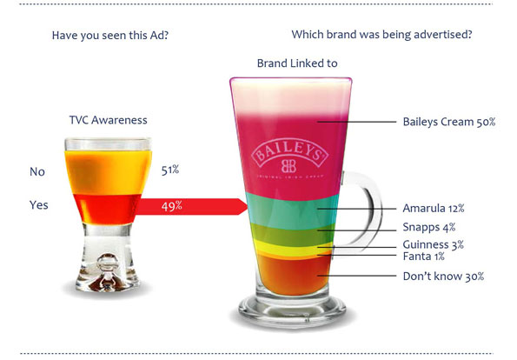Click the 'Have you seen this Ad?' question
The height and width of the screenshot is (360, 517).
[110, 35]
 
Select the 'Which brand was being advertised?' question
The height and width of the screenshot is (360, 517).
[381, 34]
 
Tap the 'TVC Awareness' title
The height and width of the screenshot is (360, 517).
[108, 120]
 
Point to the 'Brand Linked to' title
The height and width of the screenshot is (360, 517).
[297, 63]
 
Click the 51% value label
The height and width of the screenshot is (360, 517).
[170, 170]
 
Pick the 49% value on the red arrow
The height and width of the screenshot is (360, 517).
[171, 206]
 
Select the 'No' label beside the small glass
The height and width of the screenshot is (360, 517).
[37, 171]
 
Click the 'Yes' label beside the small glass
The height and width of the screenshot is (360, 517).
[39, 205]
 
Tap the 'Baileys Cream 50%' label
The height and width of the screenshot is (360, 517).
[449, 122]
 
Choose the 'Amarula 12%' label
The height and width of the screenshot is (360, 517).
[434, 208]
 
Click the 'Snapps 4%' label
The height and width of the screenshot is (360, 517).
[429, 227]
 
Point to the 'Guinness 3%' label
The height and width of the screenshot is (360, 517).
[434, 244]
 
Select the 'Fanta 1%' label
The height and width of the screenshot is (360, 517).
[424, 256]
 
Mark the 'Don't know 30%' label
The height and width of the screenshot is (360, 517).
[443, 277]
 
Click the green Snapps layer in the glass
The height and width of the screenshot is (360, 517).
[293, 234]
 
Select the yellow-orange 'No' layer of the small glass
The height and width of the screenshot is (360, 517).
[108, 172]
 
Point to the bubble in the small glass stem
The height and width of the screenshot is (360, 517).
[108, 263]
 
